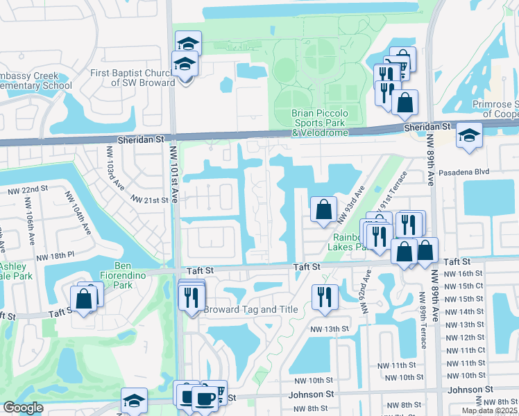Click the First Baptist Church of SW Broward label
(133, 78)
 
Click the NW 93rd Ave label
(350, 205)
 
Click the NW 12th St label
(464, 337)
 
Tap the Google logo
(23, 408)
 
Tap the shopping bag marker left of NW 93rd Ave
(323, 209)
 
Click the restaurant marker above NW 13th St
(325, 297)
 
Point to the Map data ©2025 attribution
(489, 410)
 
